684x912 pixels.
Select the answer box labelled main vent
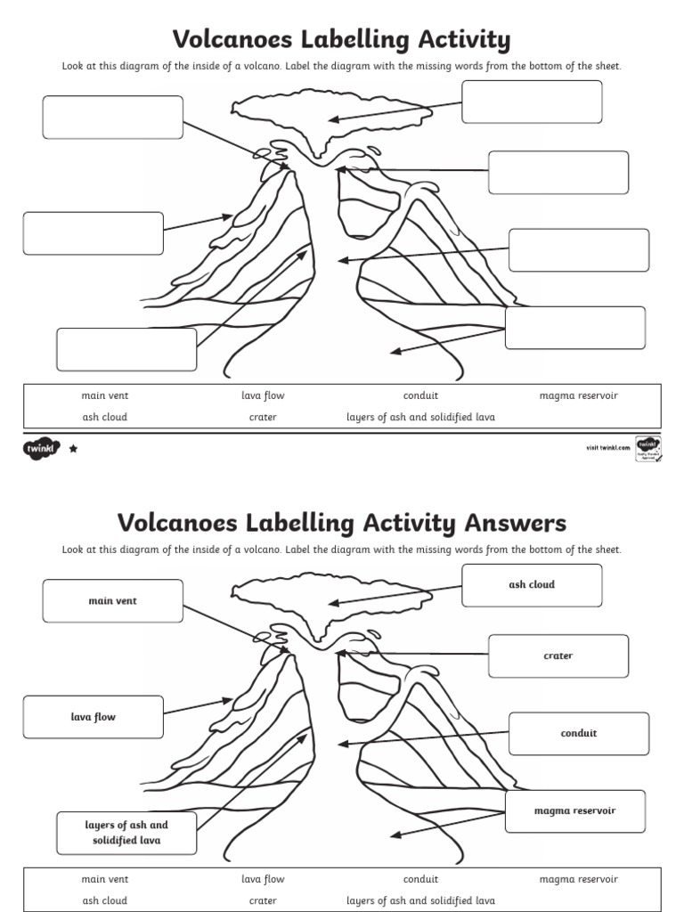tap(112, 601)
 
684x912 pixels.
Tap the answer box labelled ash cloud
tap(532, 585)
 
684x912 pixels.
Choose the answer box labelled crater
tap(558, 656)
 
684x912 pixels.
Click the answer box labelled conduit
tap(578, 734)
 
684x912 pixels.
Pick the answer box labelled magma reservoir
tap(574, 811)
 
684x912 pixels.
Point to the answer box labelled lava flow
tap(94, 717)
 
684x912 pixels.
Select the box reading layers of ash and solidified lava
tap(126, 833)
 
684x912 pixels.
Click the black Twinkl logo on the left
tap(41, 449)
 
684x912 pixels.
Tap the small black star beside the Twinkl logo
tap(73, 449)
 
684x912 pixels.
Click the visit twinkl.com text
tap(602, 447)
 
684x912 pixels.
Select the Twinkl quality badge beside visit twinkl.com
tap(647, 447)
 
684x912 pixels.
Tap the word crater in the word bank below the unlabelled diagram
tap(263, 417)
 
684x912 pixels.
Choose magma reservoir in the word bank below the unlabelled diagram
tap(578, 395)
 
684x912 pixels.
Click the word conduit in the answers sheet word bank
tap(420, 879)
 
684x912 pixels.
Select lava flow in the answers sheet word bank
tap(263, 879)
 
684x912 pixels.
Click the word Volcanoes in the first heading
tap(233, 40)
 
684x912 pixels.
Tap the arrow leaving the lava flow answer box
tap(198, 707)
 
